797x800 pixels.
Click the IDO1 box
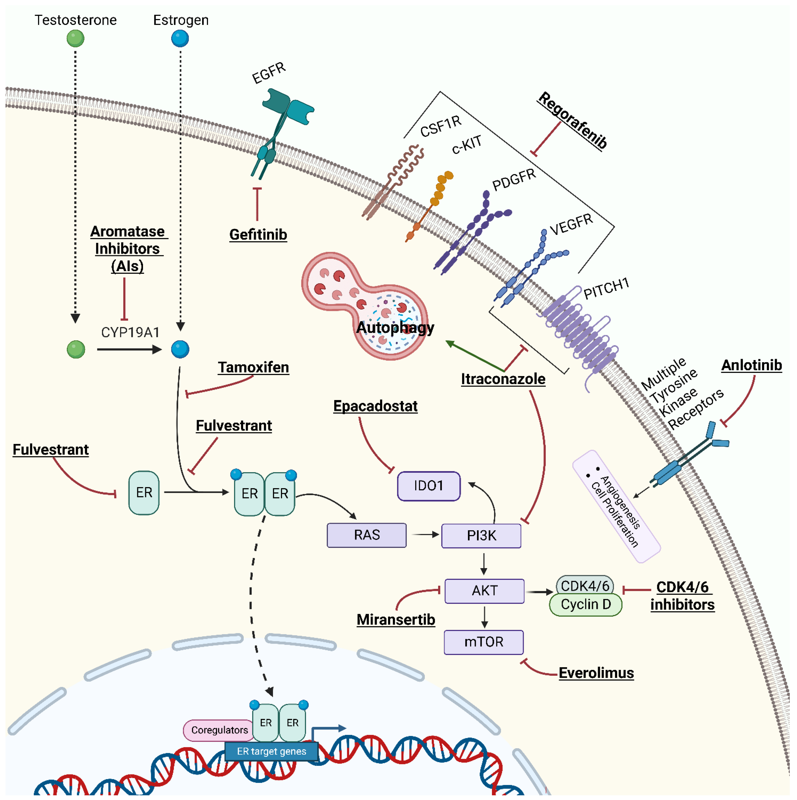pos(428,486)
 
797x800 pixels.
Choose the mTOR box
pos(484,642)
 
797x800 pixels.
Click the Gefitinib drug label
pos(258,235)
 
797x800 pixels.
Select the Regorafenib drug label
pos(573,120)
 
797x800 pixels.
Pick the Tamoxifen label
pos(253,367)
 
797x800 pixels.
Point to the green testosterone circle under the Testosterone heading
pos(75,38)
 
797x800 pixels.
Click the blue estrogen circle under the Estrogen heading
pos(180,38)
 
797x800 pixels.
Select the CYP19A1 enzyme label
pos(130,332)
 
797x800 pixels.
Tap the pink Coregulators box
pos(219,730)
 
